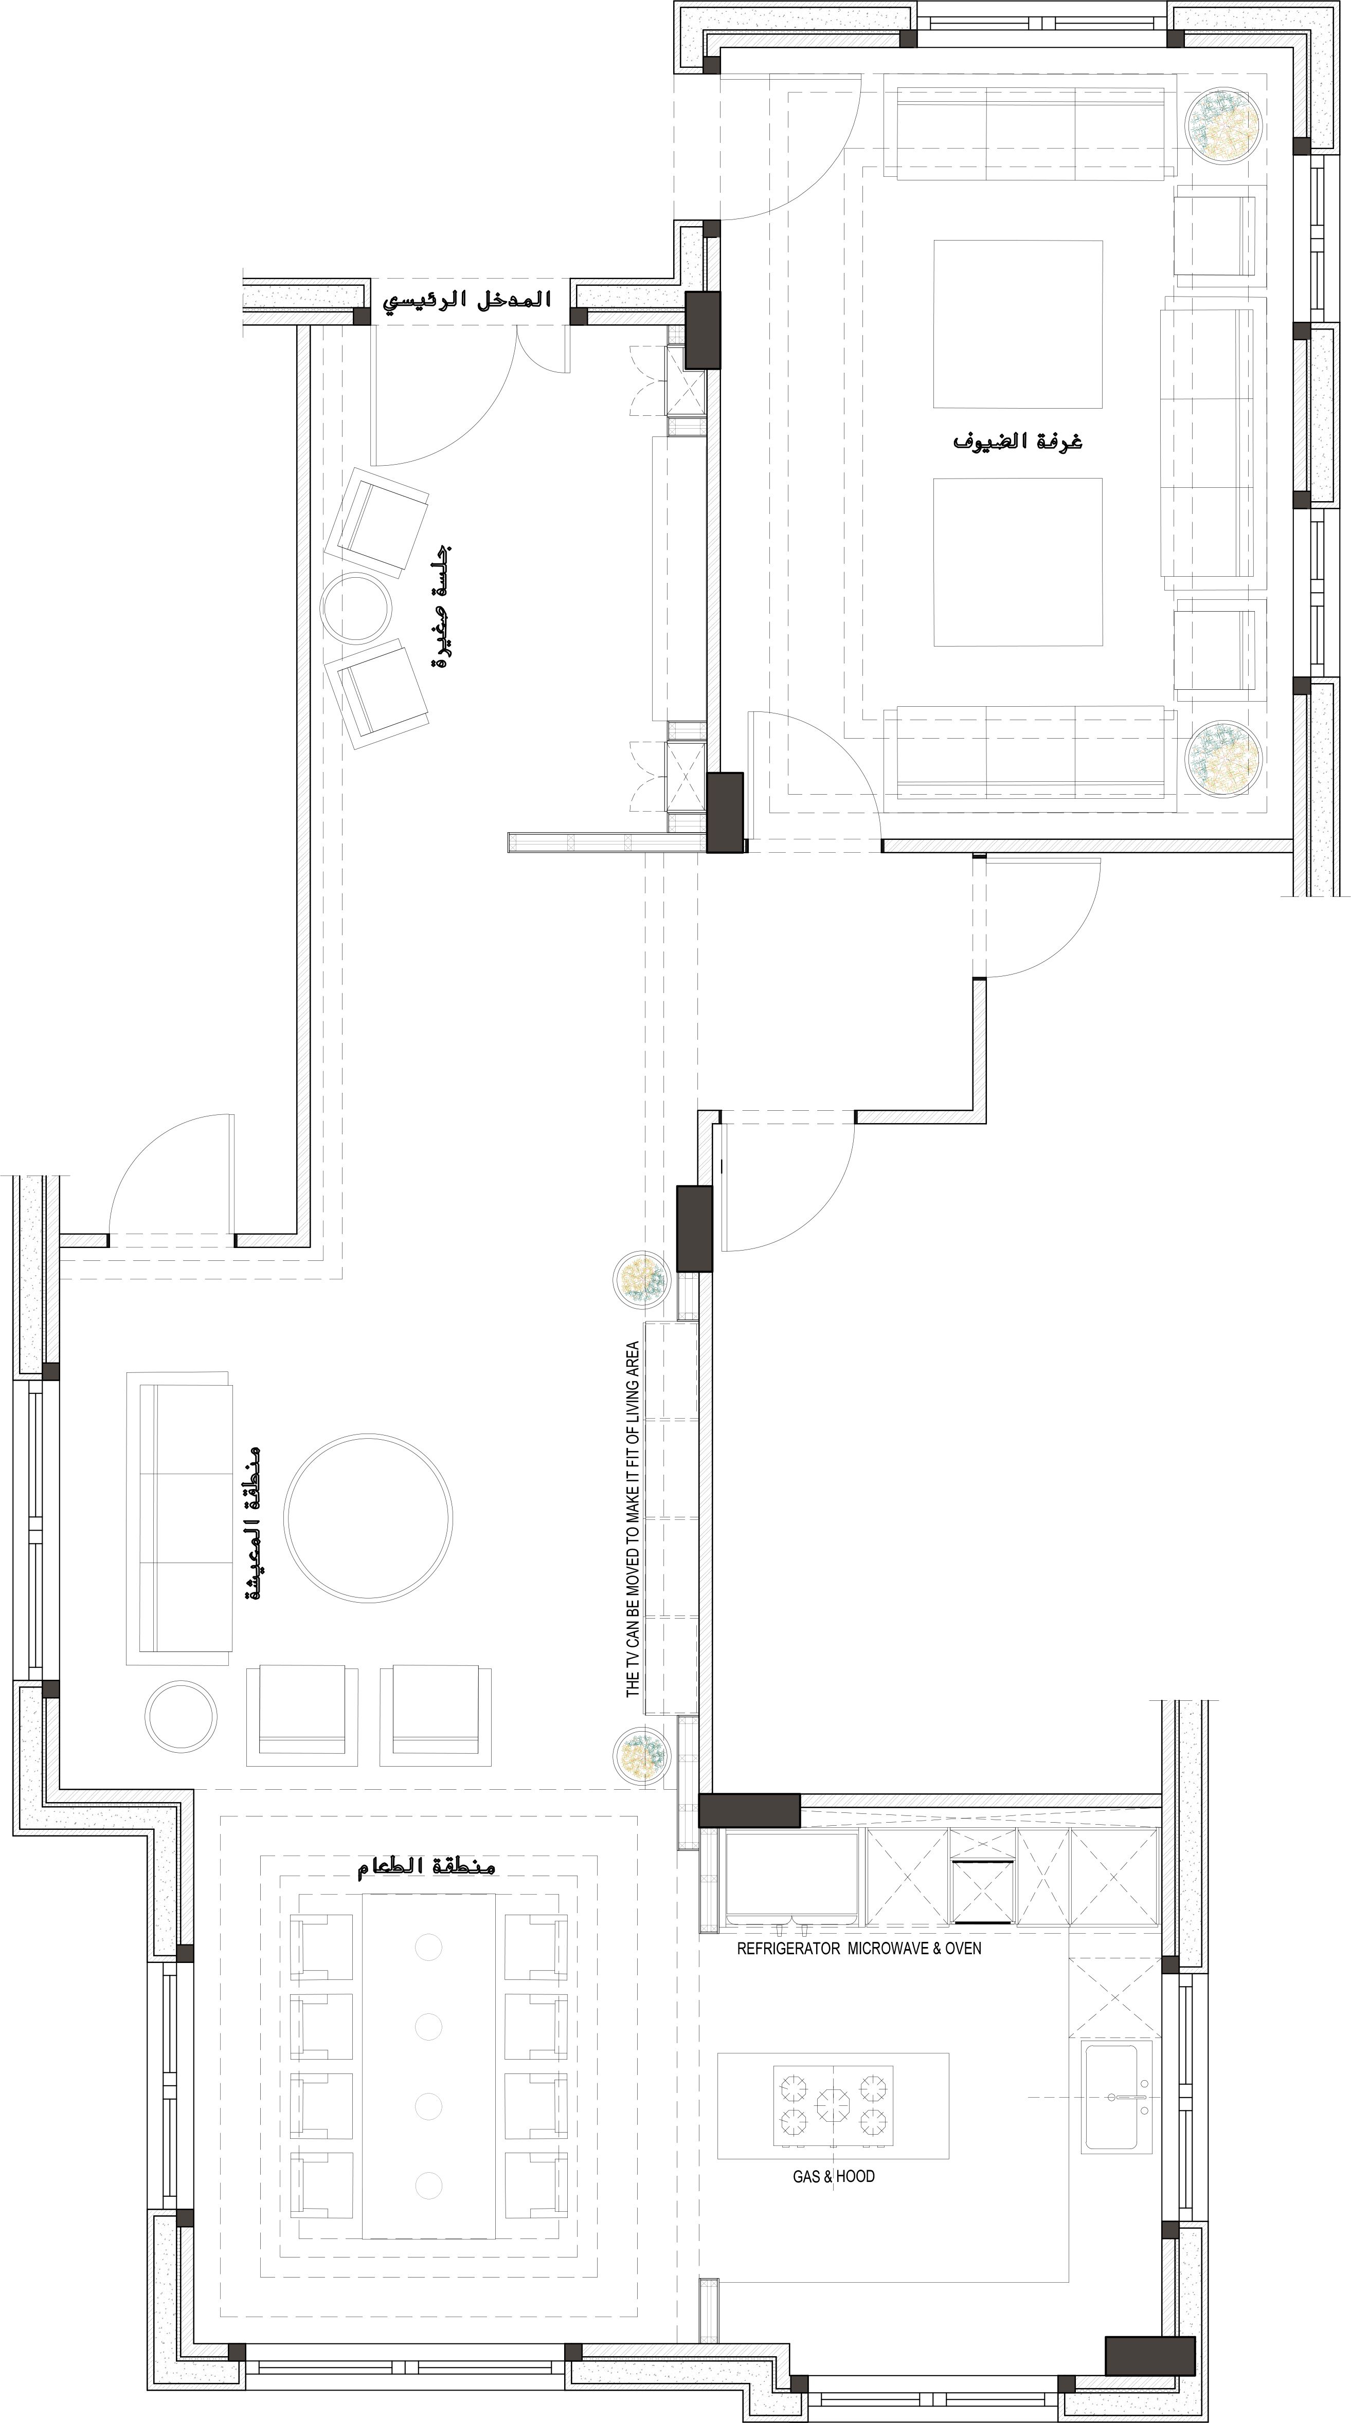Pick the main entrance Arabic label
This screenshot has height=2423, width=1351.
click(x=466, y=301)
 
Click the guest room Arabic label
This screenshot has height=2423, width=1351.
click(x=1018, y=440)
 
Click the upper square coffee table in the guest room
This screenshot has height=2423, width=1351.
click(x=1017, y=324)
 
